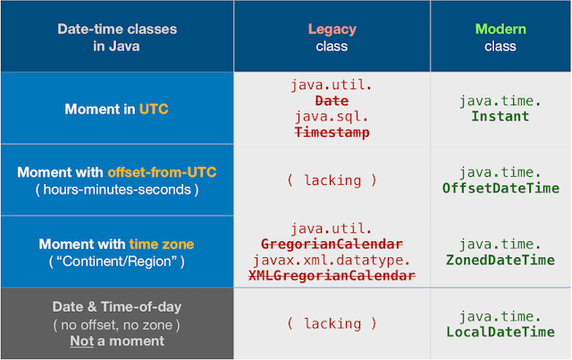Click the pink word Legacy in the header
[332, 29]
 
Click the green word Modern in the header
[500, 29]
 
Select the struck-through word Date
[332, 101]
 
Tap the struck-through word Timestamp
[332, 132]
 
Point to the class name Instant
[500, 117]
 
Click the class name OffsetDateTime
[500, 188]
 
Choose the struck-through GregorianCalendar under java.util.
[332, 244]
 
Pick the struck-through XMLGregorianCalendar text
[332, 275]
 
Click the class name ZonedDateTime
[500, 260]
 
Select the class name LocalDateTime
[500, 332]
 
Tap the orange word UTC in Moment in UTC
[153, 109]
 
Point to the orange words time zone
[163, 244]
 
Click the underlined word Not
[80, 340]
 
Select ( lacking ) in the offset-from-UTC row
[332, 180]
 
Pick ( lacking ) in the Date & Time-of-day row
[332, 323]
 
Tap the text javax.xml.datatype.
[332, 260]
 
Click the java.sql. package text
[332, 116]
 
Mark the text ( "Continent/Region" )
[116, 261]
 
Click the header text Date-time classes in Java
[116, 38]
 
